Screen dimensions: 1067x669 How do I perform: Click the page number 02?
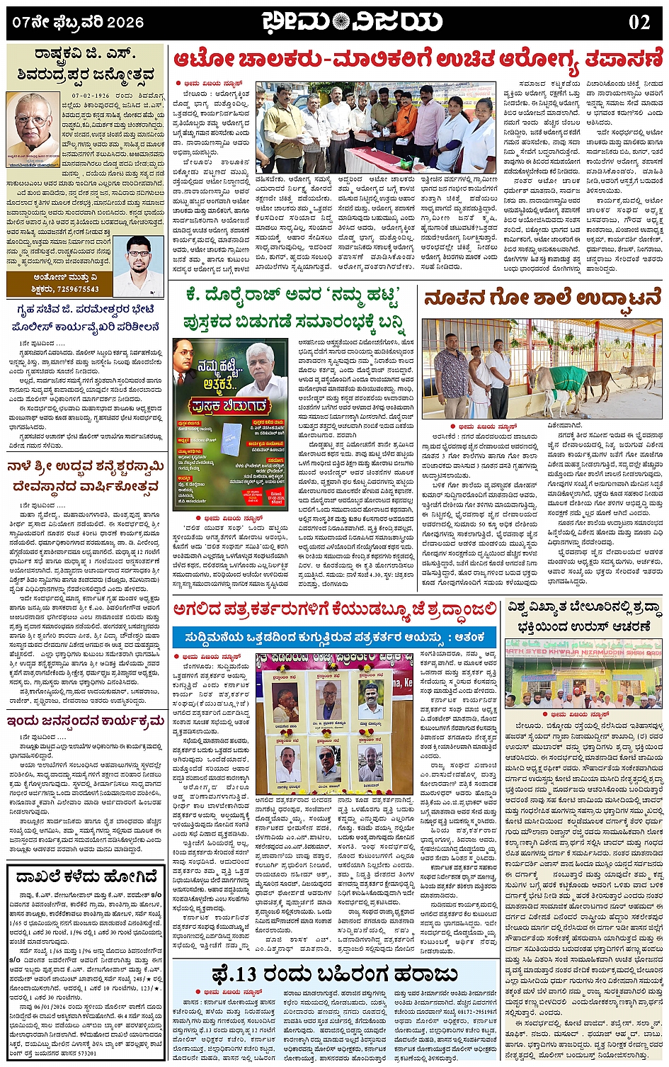click(639, 22)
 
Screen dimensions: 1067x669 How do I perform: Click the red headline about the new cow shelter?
click(542, 298)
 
